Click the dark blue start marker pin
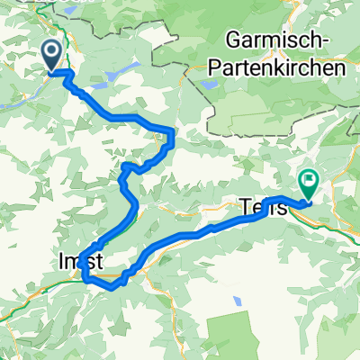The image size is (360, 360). click(53, 55)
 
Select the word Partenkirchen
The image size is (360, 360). click(286, 69)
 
